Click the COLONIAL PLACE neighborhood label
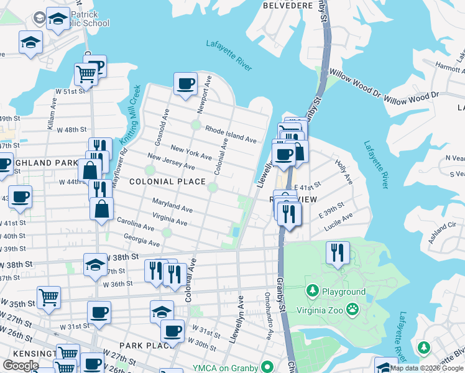coord(167,182)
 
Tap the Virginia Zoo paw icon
coord(352,308)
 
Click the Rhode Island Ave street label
coord(231,135)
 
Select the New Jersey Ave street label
coord(171,162)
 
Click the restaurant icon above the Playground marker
coord(338,252)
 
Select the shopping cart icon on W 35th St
coord(48,297)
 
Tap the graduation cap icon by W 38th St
coord(95,264)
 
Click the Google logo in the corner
coord(21,366)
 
